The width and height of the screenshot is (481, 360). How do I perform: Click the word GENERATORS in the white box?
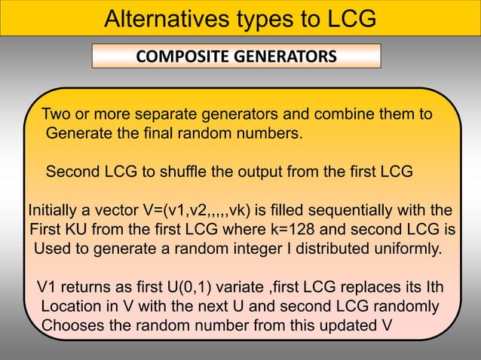point(285,56)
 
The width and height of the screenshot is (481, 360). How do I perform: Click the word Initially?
point(54,209)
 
